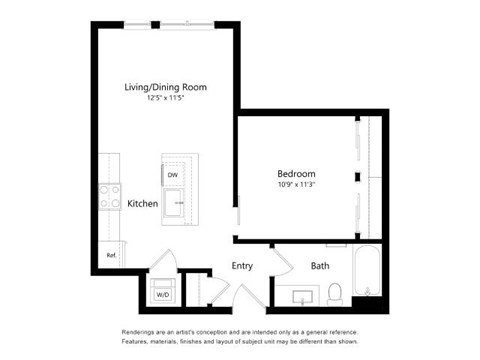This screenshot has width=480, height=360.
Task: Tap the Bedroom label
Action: [x=296, y=173]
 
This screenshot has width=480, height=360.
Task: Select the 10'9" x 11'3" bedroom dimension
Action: [x=296, y=184]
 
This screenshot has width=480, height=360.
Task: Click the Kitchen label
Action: [x=142, y=204]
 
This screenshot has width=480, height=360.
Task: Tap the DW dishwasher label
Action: [x=172, y=175]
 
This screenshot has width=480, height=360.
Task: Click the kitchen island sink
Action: [x=174, y=200]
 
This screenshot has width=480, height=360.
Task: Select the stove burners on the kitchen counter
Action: [x=109, y=197]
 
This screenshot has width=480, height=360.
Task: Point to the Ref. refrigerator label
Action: [x=111, y=255]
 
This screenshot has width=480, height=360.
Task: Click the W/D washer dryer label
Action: [x=160, y=295]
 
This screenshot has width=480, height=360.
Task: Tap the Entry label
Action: [x=242, y=266]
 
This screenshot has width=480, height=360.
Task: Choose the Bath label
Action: [x=320, y=266]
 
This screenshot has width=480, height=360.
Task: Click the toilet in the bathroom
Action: [x=336, y=292]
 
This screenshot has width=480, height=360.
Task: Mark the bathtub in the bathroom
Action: [x=368, y=272]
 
